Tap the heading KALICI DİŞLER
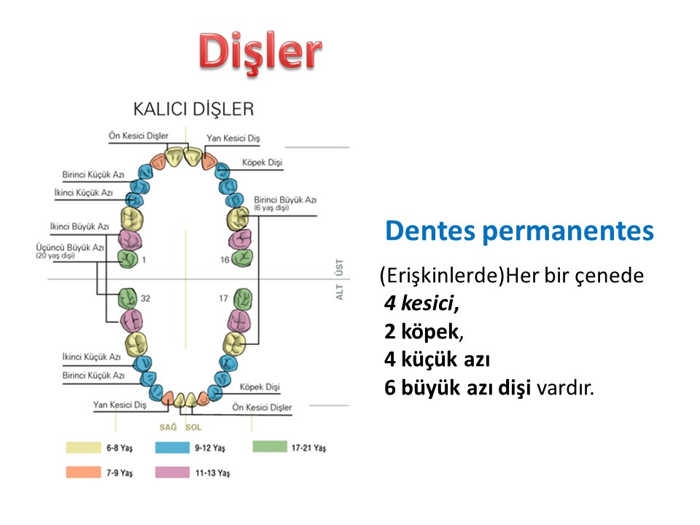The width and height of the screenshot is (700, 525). (x=193, y=109)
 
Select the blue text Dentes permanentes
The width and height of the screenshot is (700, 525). (x=519, y=231)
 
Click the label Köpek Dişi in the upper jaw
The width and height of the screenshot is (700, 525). (x=262, y=163)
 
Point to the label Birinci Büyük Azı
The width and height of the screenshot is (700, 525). (x=285, y=200)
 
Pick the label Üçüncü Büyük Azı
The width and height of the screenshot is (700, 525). (x=70, y=247)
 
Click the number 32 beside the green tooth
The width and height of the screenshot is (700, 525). (x=146, y=298)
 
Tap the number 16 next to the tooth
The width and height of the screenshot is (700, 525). (x=225, y=260)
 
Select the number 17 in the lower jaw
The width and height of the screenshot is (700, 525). (x=223, y=298)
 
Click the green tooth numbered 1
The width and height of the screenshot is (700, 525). (x=128, y=258)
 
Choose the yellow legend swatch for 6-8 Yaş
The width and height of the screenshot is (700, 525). (x=83, y=447)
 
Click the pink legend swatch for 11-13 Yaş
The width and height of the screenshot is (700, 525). (x=172, y=472)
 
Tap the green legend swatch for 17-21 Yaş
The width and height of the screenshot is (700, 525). (x=270, y=446)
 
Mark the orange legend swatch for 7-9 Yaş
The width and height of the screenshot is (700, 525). (x=83, y=472)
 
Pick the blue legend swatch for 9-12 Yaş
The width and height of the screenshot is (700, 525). (x=172, y=447)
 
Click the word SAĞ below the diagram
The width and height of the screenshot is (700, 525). (x=168, y=427)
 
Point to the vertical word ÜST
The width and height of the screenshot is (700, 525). (x=340, y=268)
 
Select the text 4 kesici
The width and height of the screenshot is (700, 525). (x=421, y=303)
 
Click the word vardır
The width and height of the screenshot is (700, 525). (x=565, y=387)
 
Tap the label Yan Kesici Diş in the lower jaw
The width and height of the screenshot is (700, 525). (x=120, y=405)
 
